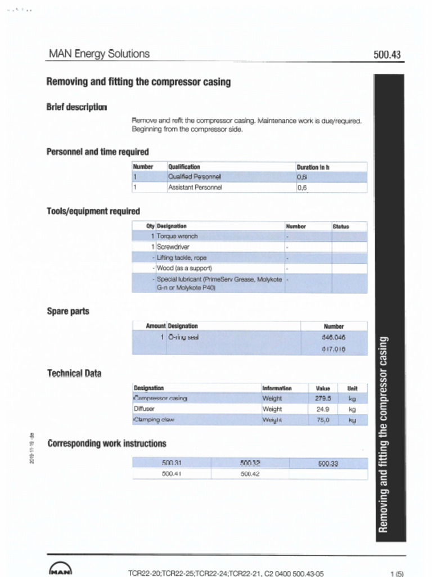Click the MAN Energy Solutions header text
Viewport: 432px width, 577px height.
pos(99,54)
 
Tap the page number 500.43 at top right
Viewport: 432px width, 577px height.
pos(387,55)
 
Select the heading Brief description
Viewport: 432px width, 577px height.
pos(76,107)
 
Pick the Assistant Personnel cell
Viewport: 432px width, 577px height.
pos(195,188)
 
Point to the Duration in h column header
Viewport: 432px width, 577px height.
pos(313,167)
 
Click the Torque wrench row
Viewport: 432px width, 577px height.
pos(177,236)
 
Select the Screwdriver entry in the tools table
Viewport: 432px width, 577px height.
pos(173,247)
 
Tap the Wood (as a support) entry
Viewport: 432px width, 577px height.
pos(184,268)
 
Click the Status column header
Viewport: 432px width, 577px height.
pos(341,227)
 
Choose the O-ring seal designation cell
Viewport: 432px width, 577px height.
pos(183,337)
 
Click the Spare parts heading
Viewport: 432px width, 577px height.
pos(68,311)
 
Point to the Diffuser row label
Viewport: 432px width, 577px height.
pos(143,409)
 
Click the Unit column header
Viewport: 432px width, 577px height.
pos(352,388)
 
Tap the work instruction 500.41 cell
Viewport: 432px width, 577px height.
pos(171,474)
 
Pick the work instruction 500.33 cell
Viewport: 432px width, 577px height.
pos(328,464)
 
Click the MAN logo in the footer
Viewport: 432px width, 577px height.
pos(61,569)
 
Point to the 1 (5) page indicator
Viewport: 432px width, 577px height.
pos(397,574)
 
